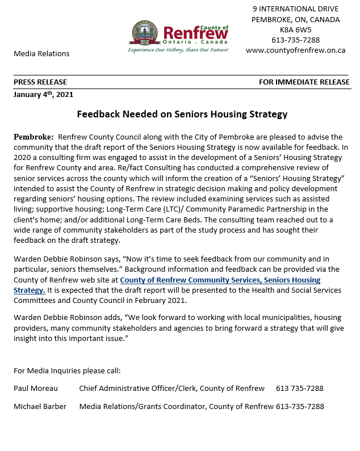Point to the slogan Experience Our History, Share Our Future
[x=178, y=50]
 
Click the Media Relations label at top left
[x=41, y=53]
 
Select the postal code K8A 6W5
[x=295, y=29]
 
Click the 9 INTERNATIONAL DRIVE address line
[x=295, y=9]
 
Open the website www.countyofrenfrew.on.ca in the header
[x=295, y=50]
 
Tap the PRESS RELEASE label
[x=40, y=82]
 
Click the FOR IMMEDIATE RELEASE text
[x=304, y=82]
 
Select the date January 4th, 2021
[x=43, y=95]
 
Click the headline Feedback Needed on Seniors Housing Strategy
[x=182, y=114]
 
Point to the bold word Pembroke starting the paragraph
[x=33, y=137]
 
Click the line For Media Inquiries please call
[x=67, y=371]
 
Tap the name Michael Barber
[x=40, y=406]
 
